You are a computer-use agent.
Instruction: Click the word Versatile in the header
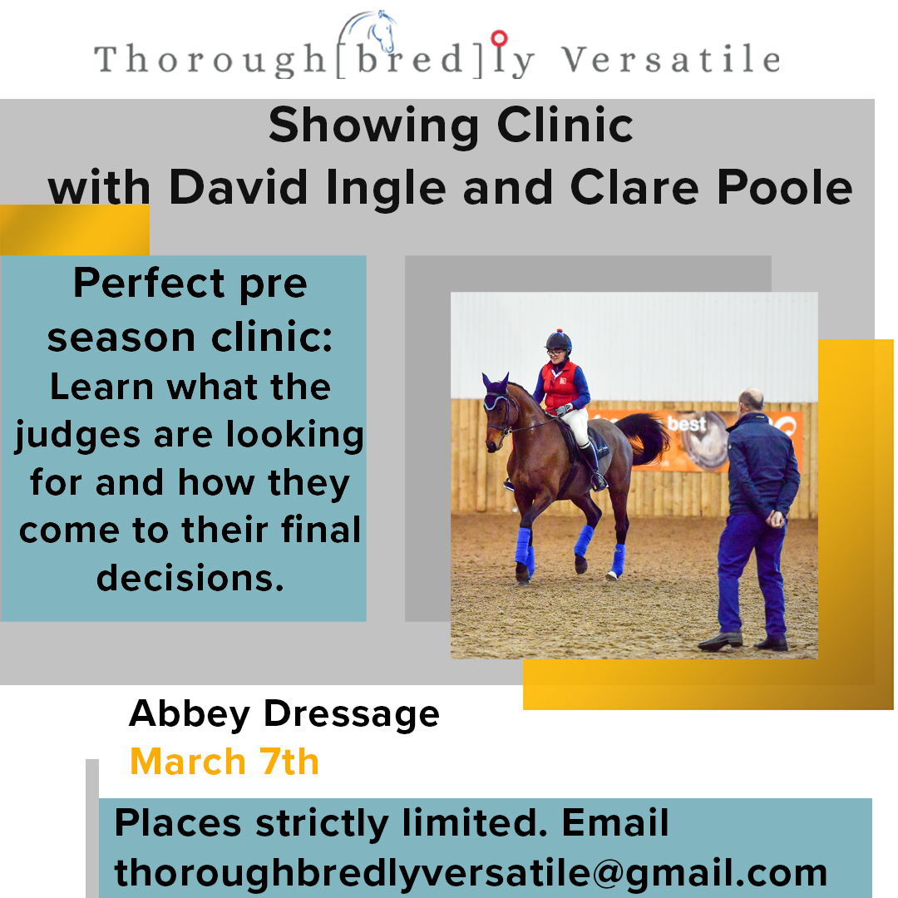point(671,59)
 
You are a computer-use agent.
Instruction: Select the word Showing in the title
point(373,126)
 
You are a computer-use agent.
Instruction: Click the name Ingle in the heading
point(386,189)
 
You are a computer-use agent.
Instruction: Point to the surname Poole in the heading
point(785,187)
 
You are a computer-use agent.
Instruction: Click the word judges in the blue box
point(77,436)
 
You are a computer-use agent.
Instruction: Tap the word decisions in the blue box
point(190,578)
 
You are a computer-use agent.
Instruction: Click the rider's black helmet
point(559,342)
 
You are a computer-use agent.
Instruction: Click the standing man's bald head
point(751,400)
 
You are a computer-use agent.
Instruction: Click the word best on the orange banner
point(687,424)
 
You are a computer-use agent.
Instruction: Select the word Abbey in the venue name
point(190,715)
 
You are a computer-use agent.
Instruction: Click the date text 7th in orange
point(289,762)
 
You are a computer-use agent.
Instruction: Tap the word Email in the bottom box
point(615,822)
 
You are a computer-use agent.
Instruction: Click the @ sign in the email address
point(607,874)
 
